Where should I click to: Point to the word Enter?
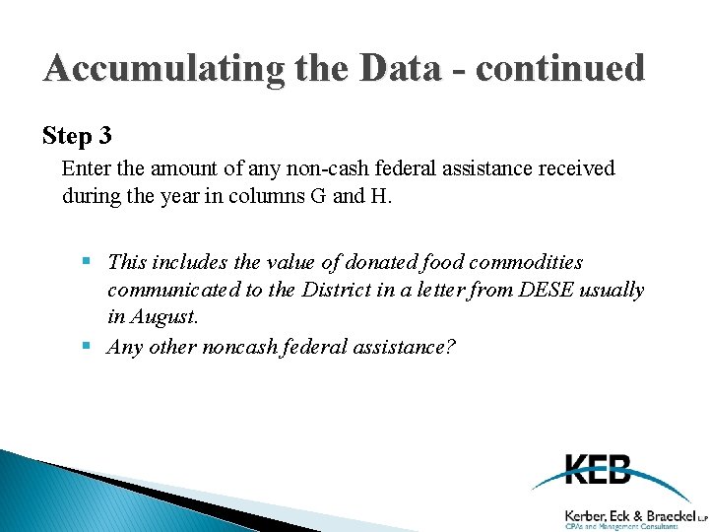[x=86, y=168]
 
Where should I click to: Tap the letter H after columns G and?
[x=380, y=196]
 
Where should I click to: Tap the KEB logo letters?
[x=599, y=469]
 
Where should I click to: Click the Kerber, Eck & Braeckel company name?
[x=629, y=514]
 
